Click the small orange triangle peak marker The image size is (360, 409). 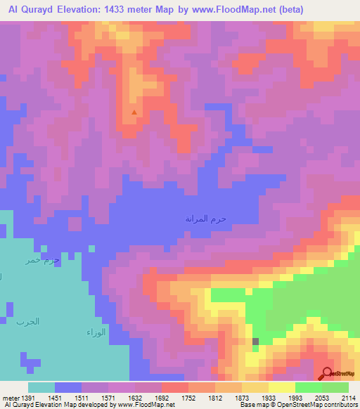[134, 111]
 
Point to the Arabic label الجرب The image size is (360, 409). [28, 321]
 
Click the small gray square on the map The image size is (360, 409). [255, 342]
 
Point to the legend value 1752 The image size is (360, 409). [189, 397]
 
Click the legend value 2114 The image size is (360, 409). [349, 397]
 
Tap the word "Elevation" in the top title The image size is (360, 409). [98, 10]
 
